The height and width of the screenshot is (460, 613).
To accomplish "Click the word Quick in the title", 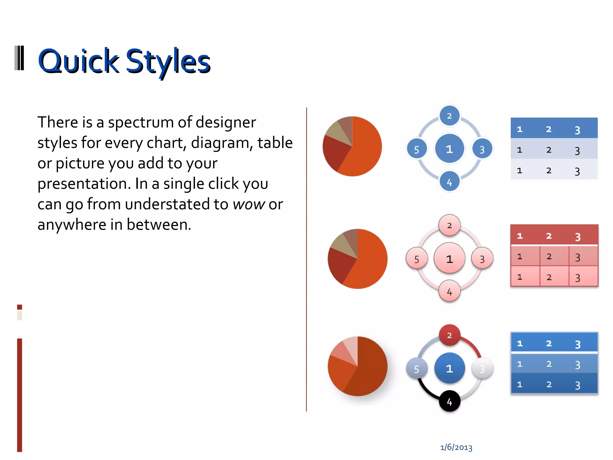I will coord(78,61).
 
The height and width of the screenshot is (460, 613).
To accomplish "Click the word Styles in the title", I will coord(168,61).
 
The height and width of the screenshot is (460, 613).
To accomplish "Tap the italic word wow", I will coord(249,204).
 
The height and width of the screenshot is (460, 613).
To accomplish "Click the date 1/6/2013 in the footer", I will coord(456,447).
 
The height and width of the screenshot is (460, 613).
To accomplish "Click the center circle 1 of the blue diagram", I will coord(449,149).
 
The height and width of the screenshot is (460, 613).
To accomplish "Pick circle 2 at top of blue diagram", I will coord(449,116).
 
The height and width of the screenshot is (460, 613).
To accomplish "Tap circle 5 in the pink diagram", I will coord(416,259).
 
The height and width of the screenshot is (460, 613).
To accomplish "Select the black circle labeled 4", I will coord(449,402).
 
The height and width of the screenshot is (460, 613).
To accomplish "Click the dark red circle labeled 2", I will coord(449,335).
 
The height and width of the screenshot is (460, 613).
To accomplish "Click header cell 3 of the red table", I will coord(577,237).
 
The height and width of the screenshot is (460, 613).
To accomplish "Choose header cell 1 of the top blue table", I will coord(520,129).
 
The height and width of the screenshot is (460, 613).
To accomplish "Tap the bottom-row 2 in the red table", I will coord(549,277).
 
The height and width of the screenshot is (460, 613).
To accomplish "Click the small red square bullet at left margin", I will coord(20,307).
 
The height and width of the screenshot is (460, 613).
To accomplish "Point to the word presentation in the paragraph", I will coord(84,184).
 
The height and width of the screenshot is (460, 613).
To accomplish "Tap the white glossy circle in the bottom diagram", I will coord(482,369).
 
